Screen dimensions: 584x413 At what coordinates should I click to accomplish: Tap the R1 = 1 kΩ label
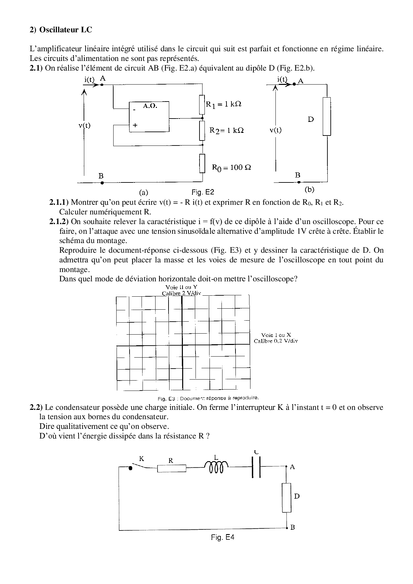click(223, 104)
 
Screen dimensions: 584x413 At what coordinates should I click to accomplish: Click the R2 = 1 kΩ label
click(226, 130)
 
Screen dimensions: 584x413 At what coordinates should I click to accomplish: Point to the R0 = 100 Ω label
click(231, 167)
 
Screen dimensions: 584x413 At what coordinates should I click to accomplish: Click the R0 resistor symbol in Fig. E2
click(202, 163)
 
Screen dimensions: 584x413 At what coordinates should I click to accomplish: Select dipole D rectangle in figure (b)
click(327, 117)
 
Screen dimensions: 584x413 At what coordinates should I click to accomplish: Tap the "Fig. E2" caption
click(203, 192)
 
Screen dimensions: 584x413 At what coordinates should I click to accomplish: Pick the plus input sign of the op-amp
click(135, 126)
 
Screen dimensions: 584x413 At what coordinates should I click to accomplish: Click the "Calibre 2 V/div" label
click(182, 293)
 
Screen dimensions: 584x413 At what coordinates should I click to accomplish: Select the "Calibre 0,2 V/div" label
click(276, 341)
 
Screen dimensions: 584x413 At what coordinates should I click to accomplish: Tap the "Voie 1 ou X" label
click(276, 335)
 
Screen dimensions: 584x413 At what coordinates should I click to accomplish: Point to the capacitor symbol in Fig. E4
click(256, 467)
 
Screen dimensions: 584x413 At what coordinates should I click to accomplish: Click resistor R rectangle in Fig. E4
click(172, 468)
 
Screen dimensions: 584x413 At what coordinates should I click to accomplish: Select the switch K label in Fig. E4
click(142, 458)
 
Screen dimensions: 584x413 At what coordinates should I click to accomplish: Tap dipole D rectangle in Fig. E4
click(286, 498)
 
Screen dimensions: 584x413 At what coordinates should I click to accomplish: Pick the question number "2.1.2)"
click(59, 222)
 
